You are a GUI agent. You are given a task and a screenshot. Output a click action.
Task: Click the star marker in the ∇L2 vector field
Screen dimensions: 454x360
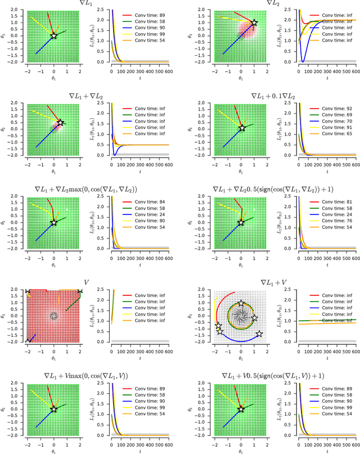tap(255, 23)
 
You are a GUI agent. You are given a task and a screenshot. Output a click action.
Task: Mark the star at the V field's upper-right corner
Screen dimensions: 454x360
tap(80, 291)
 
